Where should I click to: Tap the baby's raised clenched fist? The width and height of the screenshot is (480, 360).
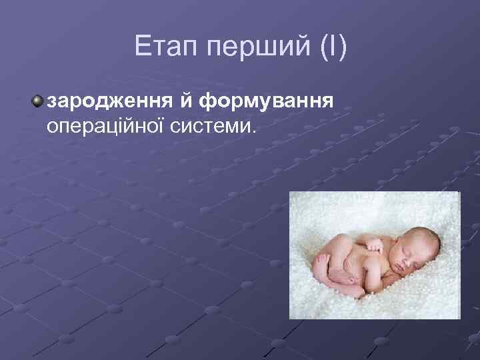[x=375, y=246]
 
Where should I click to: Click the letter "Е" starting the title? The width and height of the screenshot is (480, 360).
[x=141, y=47]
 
